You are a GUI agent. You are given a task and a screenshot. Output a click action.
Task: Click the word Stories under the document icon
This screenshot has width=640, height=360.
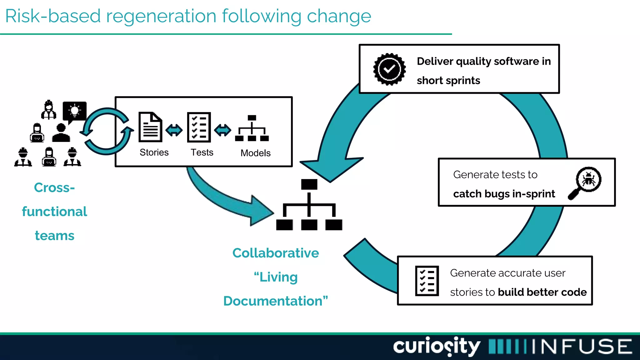click(154, 152)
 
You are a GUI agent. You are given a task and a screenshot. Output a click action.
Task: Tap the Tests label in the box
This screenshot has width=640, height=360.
click(202, 152)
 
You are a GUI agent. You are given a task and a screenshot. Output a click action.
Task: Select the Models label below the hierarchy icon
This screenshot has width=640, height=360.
click(255, 153)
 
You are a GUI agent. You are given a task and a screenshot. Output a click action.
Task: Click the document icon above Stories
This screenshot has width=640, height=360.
click(150, 127)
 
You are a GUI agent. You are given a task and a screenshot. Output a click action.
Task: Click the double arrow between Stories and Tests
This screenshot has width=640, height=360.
click(174, 130)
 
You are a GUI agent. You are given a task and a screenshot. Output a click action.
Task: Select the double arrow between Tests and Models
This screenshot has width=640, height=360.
click(222, 130)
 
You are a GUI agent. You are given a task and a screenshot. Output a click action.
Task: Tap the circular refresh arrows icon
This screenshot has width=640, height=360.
click(107, 131)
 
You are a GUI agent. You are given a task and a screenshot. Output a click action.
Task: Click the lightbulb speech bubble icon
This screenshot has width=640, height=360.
click(74, 112)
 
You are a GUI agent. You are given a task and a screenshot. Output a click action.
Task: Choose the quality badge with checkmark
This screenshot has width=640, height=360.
click(389, 69)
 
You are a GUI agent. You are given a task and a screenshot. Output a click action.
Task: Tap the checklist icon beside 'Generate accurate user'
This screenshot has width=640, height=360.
click(427, 281)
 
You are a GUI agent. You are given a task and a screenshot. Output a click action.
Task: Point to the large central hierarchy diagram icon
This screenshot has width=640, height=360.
click(309, 205)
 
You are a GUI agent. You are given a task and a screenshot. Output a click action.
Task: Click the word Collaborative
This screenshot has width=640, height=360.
click(276, 253)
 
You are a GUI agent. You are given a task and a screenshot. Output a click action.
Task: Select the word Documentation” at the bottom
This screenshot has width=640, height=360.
click(276, 301)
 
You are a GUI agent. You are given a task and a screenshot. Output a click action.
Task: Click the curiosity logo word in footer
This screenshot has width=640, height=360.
click(437, 346)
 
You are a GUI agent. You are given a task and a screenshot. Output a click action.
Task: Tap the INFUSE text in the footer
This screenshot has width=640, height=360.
click(581, 346)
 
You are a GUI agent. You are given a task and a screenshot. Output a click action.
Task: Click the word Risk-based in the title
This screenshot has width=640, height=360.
click(53, 16)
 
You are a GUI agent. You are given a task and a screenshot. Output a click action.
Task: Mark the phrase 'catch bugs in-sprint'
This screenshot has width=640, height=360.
click(504, 194)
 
